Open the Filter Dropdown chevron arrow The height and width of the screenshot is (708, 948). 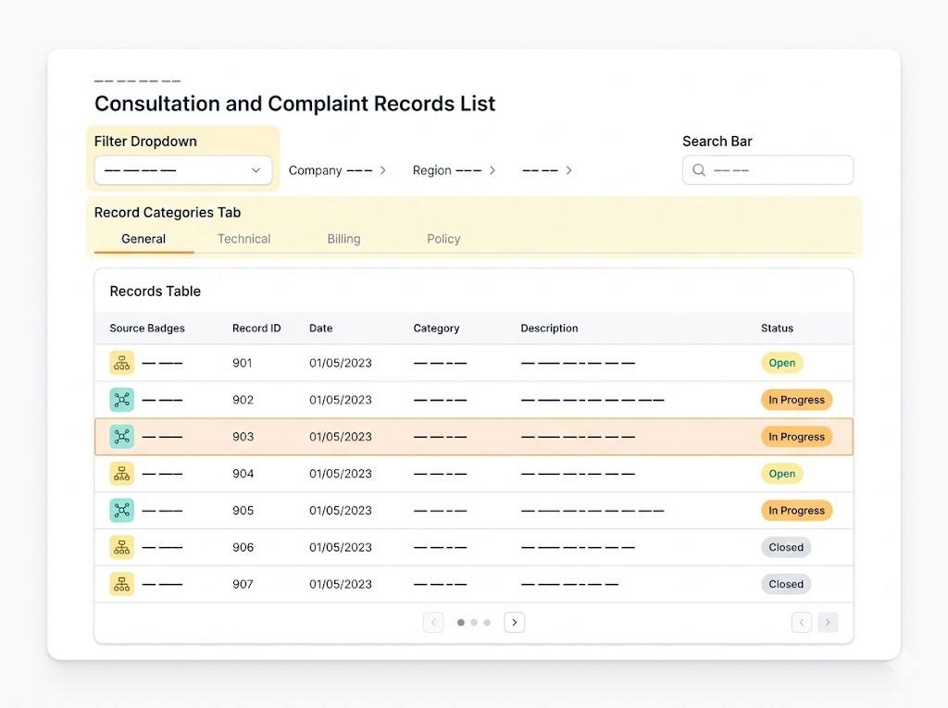(256, 170)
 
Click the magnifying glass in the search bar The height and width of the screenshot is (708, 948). (699, 170)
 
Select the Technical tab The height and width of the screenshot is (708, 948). (244, 239)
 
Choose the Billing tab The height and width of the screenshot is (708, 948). (343, 239)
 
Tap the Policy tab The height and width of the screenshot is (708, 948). (443, 239)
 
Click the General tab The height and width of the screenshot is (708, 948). (143, 239)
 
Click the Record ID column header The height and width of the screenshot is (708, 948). (256, 329)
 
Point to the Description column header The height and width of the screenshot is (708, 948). (549, 329)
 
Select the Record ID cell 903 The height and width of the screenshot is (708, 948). (243, 437)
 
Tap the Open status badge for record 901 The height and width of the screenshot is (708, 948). (781, 363)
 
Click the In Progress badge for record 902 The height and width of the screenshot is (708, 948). (796, 400)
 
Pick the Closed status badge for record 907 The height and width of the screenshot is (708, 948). (786, 584)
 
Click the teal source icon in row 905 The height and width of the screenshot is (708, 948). (121, 510)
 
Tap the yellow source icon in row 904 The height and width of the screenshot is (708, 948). (121, 474)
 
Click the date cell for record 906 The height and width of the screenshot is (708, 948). (341, 547)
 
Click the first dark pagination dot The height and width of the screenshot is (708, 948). (461, 622)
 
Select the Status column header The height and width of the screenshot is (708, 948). (777, 329)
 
